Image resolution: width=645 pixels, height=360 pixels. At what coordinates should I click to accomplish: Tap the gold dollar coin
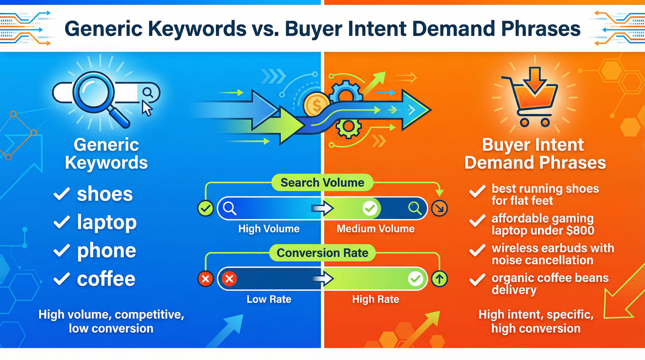pos(315,105)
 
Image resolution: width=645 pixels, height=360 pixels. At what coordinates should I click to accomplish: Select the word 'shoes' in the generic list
pos(105,194)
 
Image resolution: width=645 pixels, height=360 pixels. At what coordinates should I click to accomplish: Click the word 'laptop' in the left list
pos(107,222)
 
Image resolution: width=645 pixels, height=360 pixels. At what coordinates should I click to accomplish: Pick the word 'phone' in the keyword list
pos(106,251)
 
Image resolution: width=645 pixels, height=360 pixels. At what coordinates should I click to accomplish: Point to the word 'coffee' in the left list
pos(106,279)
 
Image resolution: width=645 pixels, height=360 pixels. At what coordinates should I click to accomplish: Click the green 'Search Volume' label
pos(322,183)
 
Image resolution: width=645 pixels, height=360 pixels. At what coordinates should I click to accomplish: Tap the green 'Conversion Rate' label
pos(322,253)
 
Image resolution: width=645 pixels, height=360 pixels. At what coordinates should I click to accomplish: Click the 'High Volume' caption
pos(269,229)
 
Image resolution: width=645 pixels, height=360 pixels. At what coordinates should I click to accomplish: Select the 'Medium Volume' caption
pos(375,229)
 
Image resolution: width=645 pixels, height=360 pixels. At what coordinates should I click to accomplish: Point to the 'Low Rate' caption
pos(269,299)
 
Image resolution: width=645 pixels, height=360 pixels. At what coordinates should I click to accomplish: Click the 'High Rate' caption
pos(375,299)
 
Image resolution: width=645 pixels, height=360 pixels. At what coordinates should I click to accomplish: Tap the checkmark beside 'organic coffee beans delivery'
pos(477,279)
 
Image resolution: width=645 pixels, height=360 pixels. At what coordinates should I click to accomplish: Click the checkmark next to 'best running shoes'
pos(477,191)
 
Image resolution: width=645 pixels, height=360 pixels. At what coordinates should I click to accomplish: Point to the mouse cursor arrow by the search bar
pos(147,109)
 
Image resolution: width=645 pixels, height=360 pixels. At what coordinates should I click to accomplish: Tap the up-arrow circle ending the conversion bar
pos(439,279)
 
